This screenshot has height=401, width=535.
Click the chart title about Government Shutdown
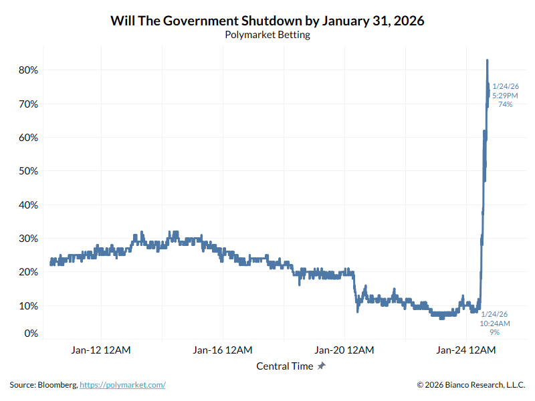pos(267,21)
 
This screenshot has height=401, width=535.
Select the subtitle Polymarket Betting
pos(267,35)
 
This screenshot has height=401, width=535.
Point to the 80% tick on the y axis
pos(27,70)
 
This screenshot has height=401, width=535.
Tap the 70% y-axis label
pos(27,104)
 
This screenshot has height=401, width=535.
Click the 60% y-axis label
pos(27,138)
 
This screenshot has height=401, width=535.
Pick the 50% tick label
pos(27,171)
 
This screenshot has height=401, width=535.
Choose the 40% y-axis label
pos(27,205)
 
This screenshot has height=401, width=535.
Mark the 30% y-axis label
pos(27,239)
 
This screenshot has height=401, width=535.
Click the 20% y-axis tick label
pos(27,272)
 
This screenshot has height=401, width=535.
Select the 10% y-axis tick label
pos(27,305)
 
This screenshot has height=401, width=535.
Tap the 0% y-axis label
pos(30,333)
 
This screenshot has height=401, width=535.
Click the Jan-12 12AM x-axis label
pos(101,350)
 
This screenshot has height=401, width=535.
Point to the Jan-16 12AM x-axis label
pos(223,350)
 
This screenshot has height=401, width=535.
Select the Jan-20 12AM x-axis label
pos(344,350)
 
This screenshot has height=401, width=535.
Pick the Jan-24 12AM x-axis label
pos(466,350)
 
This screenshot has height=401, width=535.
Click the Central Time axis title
pos(284,366)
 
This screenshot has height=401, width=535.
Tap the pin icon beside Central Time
pos(322,366)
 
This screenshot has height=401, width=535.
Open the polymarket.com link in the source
pos(122,385)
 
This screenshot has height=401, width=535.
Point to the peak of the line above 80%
pos(488,60)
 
